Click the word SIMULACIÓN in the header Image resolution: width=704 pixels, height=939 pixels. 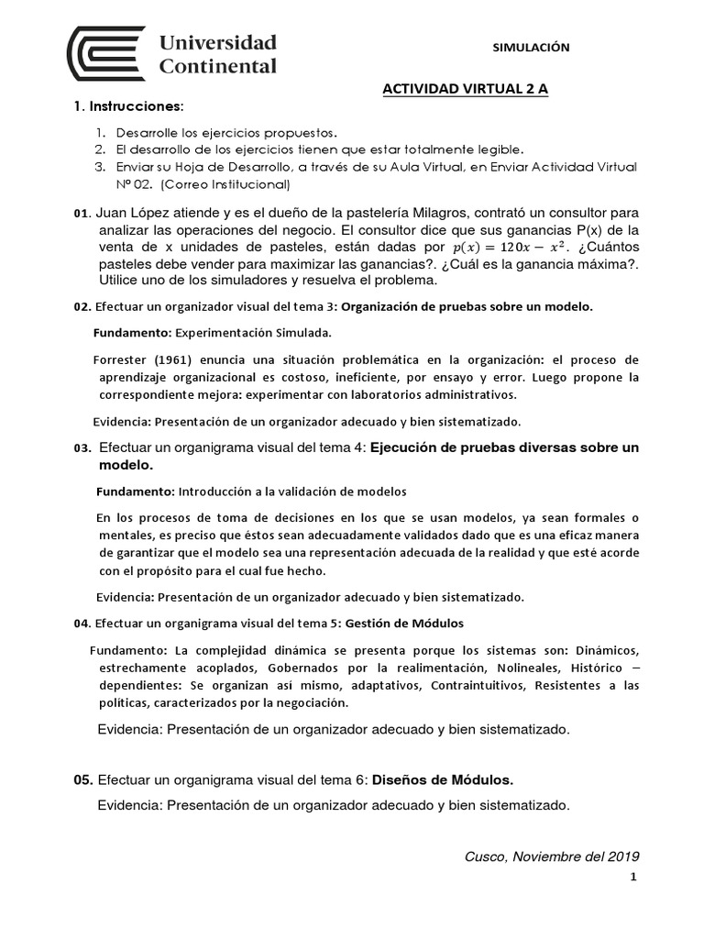coord(532,49)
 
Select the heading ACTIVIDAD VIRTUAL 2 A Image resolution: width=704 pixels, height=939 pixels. coord(464,90)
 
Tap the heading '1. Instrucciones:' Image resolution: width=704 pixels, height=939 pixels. coord(127,106)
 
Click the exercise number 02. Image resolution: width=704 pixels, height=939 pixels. coord(82,307)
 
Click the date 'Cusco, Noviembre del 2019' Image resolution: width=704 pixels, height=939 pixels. coord(552,856)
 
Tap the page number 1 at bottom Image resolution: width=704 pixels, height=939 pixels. coord(632,878)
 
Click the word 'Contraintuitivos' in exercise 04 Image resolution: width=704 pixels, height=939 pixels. coord(470,685)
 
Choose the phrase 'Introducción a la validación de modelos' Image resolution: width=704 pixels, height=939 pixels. coord(291,492)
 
